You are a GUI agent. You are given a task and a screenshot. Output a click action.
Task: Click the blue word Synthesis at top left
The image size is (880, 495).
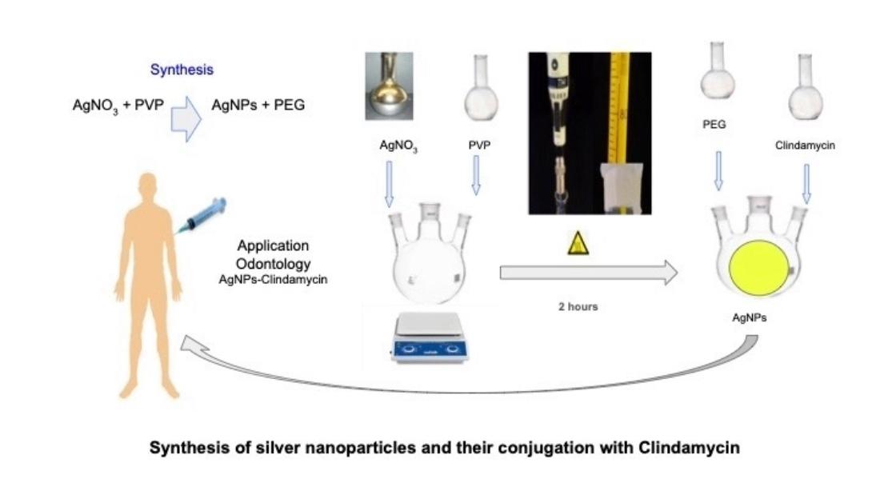(x=182, y=70)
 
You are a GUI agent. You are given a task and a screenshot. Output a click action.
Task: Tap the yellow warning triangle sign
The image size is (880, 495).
(x=578, y=243)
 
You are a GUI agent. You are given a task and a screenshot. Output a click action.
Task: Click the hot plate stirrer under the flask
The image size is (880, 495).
(x=430, y=337)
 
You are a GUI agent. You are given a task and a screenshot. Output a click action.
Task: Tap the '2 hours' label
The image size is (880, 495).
(x=578, y=307)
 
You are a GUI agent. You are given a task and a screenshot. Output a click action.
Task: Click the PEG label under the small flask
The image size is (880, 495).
(x=714, y=126)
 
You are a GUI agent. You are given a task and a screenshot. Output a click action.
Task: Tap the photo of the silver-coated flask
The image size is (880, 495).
(x=389, y=86)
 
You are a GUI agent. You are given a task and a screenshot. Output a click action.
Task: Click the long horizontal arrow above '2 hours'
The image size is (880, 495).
(x=588, y=273)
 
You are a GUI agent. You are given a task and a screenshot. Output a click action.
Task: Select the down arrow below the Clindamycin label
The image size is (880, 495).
(x=806, y=183)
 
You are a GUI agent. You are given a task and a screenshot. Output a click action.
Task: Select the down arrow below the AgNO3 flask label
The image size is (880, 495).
(x=390, y=182)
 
